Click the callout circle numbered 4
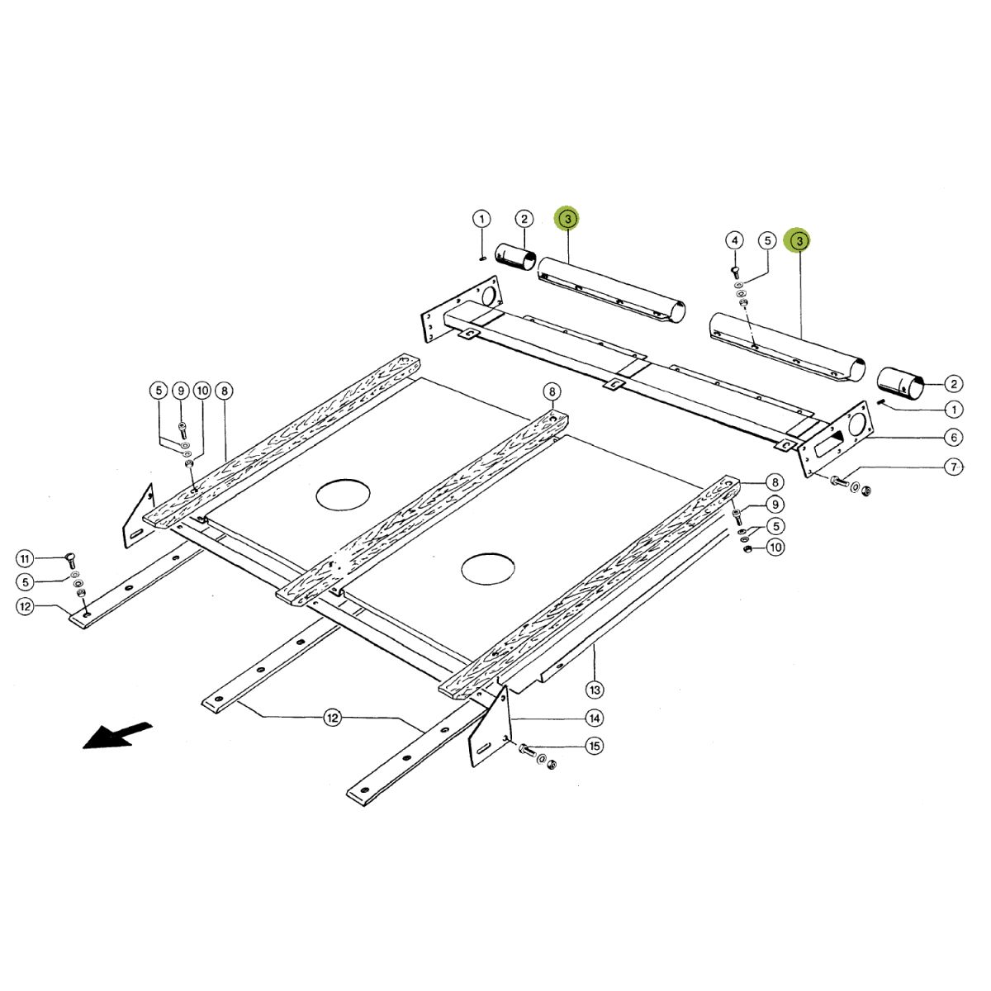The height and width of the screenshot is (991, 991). point(734,240)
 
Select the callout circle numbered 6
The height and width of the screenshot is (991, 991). point(954,437)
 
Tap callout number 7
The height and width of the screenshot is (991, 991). point(954,467)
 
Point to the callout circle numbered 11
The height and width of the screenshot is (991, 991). point(25,558)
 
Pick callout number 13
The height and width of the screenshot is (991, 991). point(595,690)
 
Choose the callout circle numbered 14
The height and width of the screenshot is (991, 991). point(595,718)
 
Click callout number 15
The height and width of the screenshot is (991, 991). point(595,746)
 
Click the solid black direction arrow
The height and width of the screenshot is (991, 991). point(117,736)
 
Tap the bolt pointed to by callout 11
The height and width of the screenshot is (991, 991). point(71,561)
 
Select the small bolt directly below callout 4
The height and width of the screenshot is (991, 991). point(734,273)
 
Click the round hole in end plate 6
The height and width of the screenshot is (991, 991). point(856,424)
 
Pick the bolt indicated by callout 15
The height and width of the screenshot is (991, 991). point(527,749)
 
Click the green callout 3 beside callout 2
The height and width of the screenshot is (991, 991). point(567,219)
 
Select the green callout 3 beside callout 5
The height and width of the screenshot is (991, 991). point(799,240)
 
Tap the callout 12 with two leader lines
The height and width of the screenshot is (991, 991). point(333,718)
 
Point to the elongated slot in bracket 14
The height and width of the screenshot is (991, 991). point(486,749)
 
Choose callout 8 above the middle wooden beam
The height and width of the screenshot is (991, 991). point(552,392)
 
